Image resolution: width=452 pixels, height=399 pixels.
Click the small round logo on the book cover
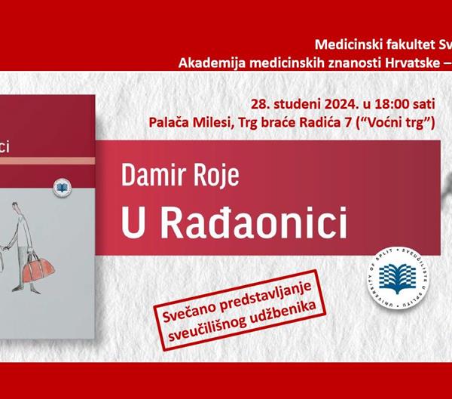61,186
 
